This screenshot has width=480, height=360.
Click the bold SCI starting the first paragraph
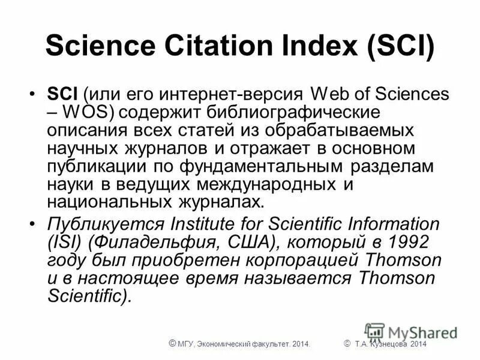(62, 95)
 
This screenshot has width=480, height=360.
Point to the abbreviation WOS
(83, 112)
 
